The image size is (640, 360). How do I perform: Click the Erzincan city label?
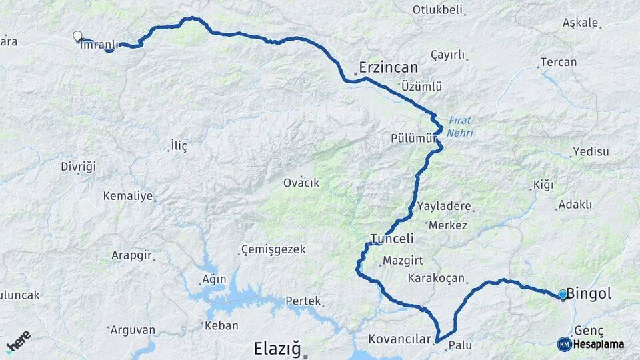[388, 67]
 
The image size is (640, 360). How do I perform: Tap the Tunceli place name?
[392, 239]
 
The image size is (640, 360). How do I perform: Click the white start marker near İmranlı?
[77, 36]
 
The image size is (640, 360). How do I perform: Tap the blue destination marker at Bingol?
[563, 294]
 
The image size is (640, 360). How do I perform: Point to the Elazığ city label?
[278, 348]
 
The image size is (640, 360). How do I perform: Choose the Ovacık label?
[301, 183]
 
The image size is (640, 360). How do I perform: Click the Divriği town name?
[79, 165]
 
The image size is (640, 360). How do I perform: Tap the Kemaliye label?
[128, 196]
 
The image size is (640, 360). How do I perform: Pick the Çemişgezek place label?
[273, 249]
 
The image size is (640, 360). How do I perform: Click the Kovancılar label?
[399, 339]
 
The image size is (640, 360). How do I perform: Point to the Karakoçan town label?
[436, 278]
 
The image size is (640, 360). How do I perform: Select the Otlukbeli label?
[437, 10]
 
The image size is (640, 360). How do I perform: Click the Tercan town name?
[559, 62]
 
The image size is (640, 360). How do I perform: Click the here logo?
[18, 341]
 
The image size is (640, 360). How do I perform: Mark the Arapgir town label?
[133, 255]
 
